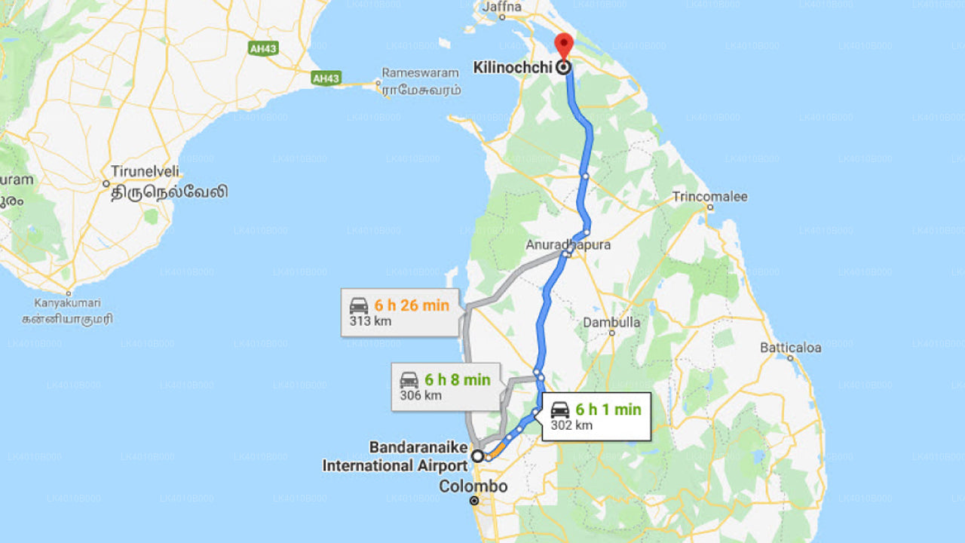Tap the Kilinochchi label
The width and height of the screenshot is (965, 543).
(x=513, y=68)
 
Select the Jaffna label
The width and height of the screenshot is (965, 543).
(x=501, y=7)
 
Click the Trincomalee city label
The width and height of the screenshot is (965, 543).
(x=709, y=197)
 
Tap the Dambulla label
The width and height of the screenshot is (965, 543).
(x=611, y=323)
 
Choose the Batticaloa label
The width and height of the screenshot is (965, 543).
(x=790, y=348)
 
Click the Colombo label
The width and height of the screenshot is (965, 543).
(x=473, y=486)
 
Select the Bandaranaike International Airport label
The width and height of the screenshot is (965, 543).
(x=395, y=457)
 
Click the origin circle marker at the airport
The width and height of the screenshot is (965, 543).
(x=477, y=456)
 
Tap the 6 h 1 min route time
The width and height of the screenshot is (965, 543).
(x=608, y=410)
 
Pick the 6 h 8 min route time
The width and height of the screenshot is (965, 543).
(x=457, y=379)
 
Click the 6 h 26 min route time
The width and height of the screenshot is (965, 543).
(x=412, y=305)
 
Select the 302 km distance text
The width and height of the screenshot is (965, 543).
(x=571, y=425)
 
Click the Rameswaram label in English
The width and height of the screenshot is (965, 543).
(x=420, y=73)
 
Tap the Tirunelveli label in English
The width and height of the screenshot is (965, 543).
(x=145, y=171)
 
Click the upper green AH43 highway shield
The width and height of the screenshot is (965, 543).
(x=263, y=48)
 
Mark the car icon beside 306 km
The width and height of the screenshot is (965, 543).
(x=409, y=380)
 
